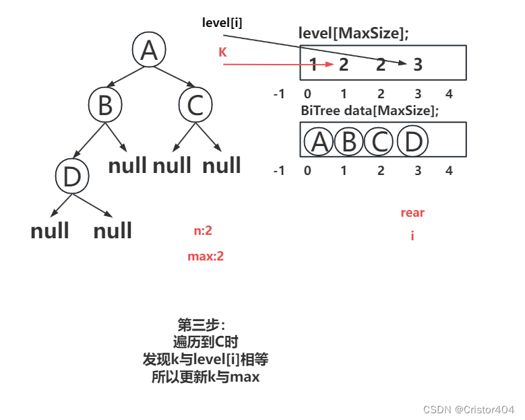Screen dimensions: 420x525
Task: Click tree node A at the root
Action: click(x=149, y=50)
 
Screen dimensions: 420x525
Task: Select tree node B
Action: click(x=104, y=106)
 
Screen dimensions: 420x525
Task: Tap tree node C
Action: click(x=195, y=105)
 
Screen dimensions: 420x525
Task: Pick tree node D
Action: click(x=71, y=176)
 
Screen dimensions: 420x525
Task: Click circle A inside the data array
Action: click(x=320, y=142)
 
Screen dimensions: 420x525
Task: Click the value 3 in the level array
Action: click(x=418, y=65)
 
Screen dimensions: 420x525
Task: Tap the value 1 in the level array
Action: click(x=313, y=65)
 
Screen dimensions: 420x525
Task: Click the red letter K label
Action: click(x=222, y=52)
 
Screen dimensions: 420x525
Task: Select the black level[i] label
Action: click(x=222, y=23)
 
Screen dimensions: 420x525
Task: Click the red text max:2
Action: click(x=206, y=256)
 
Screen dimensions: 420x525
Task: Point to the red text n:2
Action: click(x=203, y=231)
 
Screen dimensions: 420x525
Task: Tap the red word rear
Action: click(x=412, y=213)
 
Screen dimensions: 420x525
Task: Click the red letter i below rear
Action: click(x=412, y=236)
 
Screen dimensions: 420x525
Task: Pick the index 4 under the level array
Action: click(x=449, y=94)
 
